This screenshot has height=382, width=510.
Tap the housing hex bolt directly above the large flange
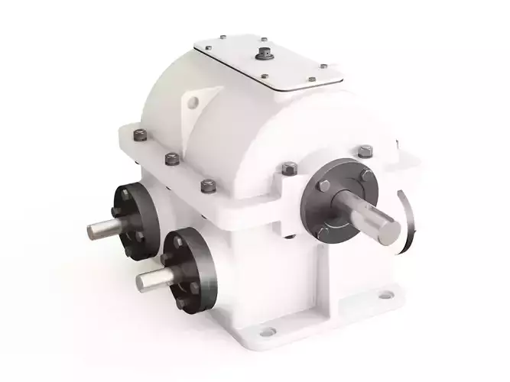[x=290, y=168]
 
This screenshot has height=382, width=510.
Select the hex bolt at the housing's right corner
[x=365, y=152]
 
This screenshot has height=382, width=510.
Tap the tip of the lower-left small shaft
[x=141, y=283]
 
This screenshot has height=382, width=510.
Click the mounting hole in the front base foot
[x=267, y=332]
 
